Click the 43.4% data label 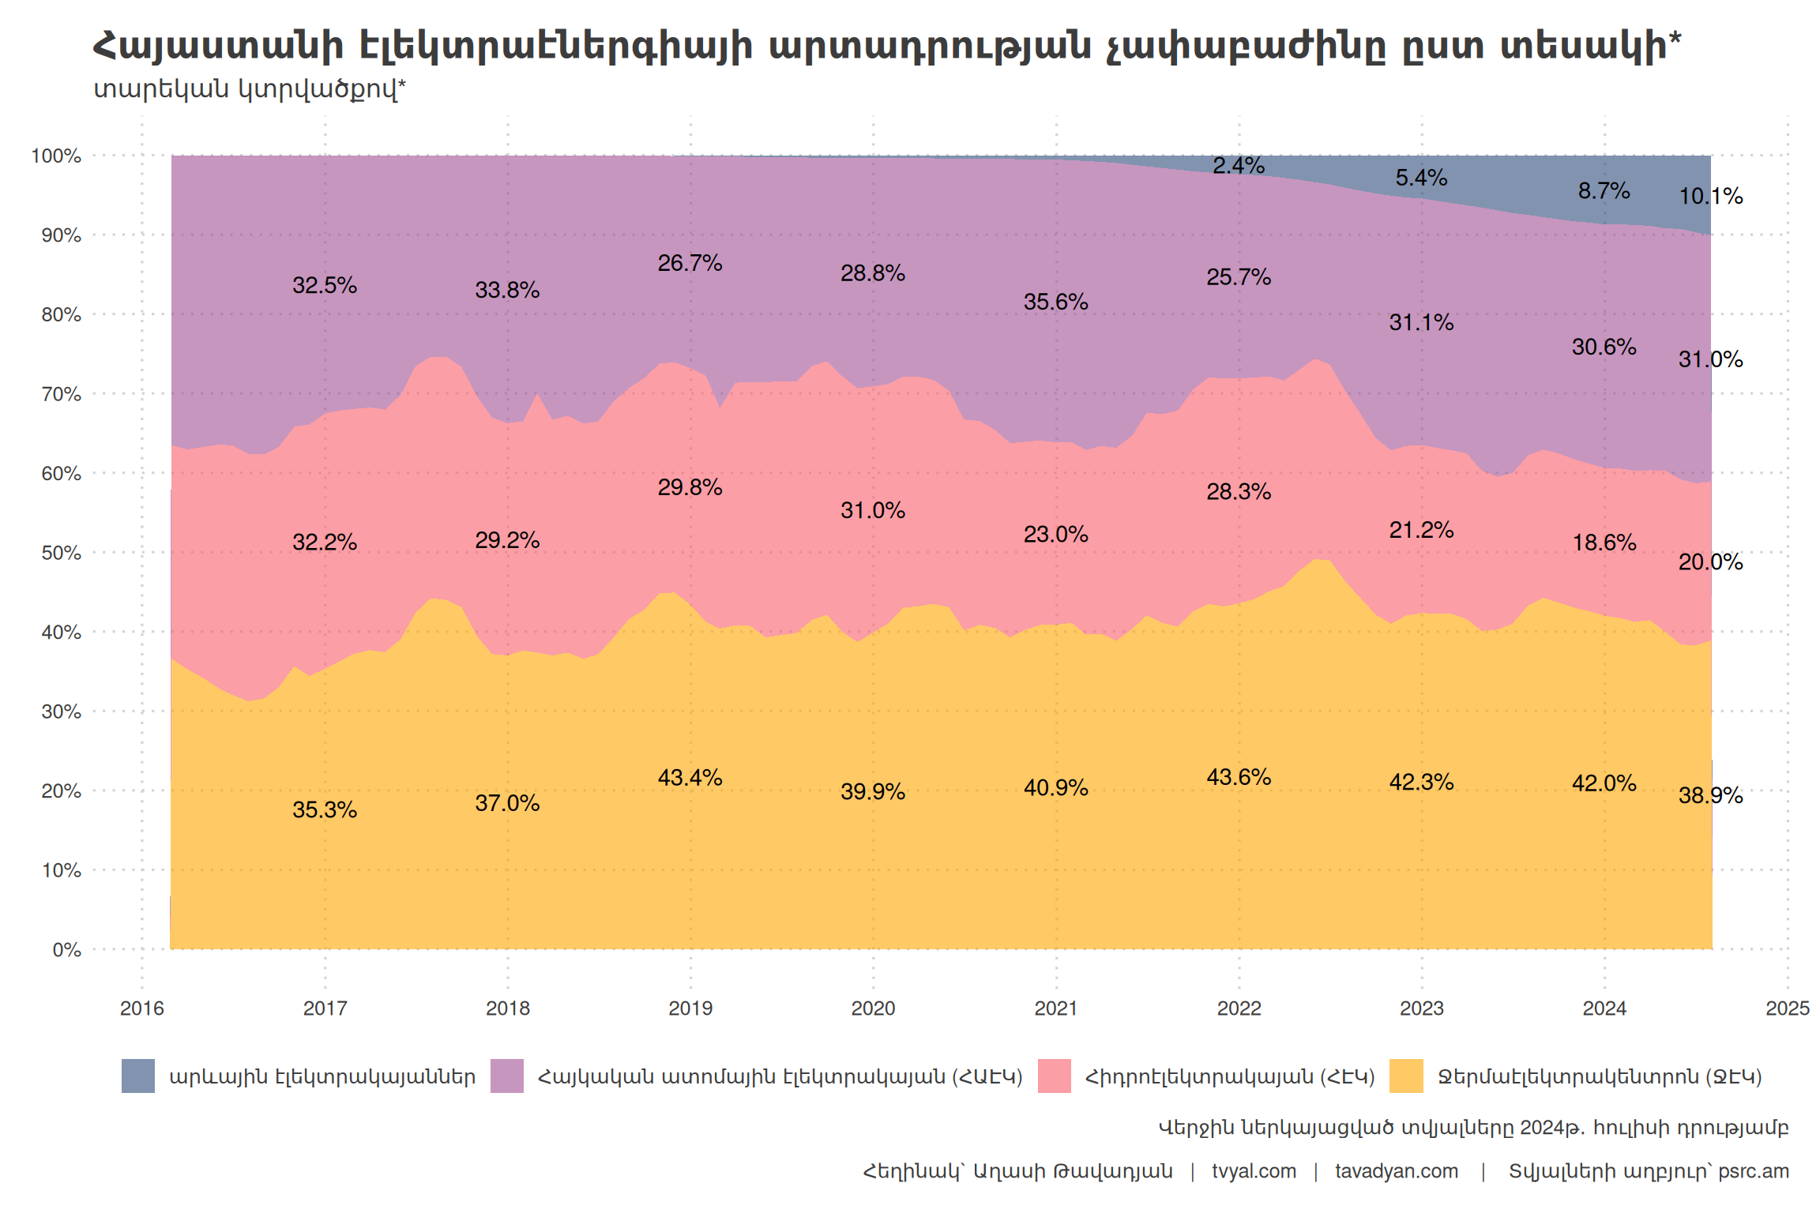coord(690,778)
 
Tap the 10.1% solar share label coord(1710,196)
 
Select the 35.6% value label coord(1055,302)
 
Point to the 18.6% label coord(1604,543)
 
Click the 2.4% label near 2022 coord(1239,166)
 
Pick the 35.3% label coord(324,809)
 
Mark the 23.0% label coord(1055,535)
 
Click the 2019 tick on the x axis coord(690,1008)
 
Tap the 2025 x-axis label coord(1787,1008)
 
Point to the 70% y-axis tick coord(61,394)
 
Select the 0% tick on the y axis coord(66,950)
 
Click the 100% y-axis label coord(56,156)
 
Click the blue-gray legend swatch coord(138,1076)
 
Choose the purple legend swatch coord(507,1076)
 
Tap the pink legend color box coord(1054,1076)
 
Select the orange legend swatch coord(1406,1076)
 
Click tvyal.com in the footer coord(1254,1171)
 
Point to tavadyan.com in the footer coord(1396,1171)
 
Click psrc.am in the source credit coord(1753,1171)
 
